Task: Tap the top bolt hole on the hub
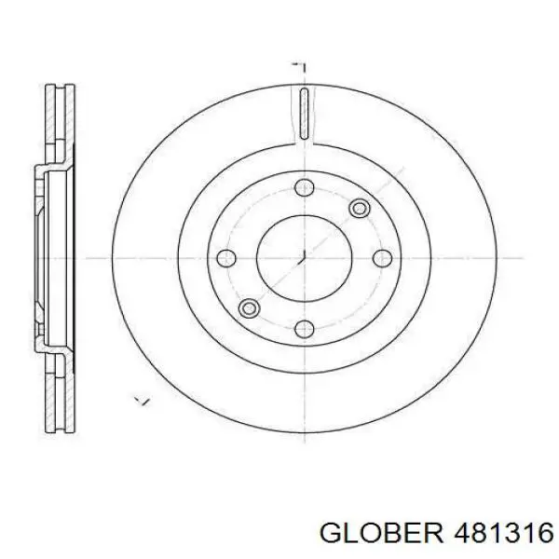[303, 189]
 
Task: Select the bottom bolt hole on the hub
[303, 328]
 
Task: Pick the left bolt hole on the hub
[224, 258]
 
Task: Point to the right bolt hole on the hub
[382, 258]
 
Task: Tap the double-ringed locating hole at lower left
[248, 307]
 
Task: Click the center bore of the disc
[303, 258]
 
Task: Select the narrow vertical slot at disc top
[303, 115]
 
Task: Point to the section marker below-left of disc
[142, 402]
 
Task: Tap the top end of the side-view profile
[60, 89]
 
